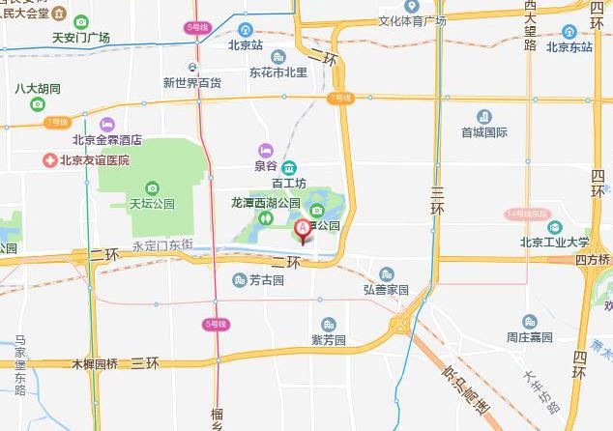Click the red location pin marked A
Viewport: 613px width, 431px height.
[302, 229]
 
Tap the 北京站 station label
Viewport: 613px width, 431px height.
[246, 44]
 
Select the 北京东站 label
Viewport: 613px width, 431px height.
[569, 45]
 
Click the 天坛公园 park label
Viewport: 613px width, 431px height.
[152, 204]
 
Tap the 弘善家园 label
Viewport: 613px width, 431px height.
[386, 289]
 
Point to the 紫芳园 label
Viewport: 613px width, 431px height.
[329, 340]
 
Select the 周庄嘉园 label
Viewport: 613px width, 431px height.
[529, 337]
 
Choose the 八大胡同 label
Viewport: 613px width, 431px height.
[38, 89]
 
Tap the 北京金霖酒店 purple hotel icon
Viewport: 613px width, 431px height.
[106, 124]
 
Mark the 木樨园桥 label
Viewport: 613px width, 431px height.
[95, 363]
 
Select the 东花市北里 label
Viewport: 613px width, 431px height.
[278, 72]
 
